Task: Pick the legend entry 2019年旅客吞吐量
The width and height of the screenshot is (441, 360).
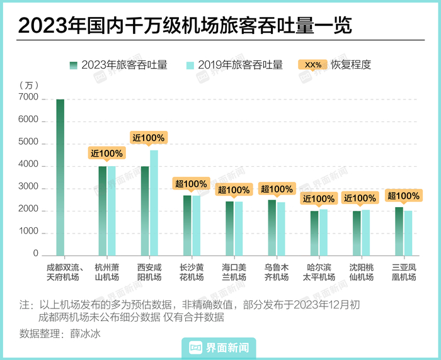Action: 234,65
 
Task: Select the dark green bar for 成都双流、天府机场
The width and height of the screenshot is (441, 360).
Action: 60,177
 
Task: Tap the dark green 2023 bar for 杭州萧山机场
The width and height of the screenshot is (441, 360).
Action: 102,211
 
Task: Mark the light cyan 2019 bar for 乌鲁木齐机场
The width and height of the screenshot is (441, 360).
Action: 281,228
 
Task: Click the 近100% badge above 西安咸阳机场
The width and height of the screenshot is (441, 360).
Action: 149,138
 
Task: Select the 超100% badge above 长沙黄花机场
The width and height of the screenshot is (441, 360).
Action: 191,184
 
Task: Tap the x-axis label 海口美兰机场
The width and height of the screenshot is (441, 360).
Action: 234,272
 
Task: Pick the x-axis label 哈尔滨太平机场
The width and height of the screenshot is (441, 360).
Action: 319,272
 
